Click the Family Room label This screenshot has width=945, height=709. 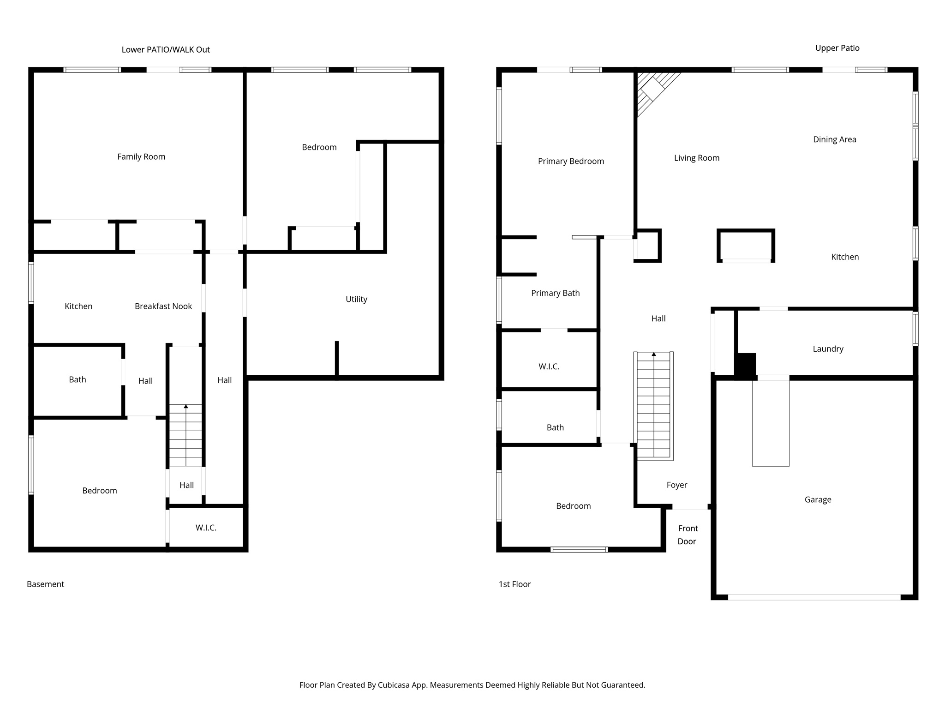point(141,157)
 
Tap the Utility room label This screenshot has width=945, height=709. point(356,299)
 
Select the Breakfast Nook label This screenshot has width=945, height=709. point(163,306)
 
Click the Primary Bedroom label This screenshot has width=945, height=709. point(571,161)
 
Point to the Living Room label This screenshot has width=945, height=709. point(696,158)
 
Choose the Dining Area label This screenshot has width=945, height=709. point(834,139)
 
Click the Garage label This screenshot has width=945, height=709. point(818,499)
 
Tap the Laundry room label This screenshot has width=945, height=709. point(828,349)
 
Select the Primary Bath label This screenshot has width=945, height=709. point(555,293)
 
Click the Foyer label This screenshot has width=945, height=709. point(677,485)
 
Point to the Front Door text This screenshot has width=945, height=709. point(688,535)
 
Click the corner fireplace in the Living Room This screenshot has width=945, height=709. point(652,89)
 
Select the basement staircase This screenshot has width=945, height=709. point(185,435)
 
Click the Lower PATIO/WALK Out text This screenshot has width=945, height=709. point(166,49)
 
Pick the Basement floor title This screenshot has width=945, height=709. point(45,584)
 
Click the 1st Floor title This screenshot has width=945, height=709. point(514,584)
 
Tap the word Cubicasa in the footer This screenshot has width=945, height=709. point(395,685)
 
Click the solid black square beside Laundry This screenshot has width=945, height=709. point(745,365)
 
